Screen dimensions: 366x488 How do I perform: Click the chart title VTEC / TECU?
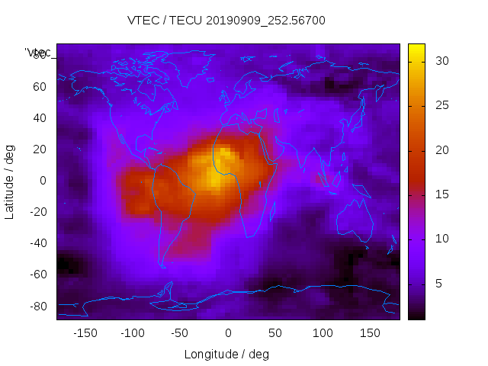[x=226, y=21]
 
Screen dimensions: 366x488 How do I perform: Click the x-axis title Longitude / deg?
[x=226, y=355]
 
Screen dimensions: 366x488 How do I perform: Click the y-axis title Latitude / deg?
[x=10, y=180]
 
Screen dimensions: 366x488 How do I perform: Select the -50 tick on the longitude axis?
[x=180, y=333]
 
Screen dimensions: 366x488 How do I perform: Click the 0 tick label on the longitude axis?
[x=228, y=333]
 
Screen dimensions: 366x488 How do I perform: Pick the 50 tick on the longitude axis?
[x=275, y=333]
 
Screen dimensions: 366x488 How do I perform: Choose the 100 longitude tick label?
[x=323, y=333]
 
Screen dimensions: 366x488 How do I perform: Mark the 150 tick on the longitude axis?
[x=371, y=333]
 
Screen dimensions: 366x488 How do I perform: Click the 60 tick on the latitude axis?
[x=40, y=86]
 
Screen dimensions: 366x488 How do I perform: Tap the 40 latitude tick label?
[x=40, y=117]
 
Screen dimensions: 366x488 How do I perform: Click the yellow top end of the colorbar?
[x=416, y=48]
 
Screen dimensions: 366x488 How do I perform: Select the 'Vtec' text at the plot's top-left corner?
[x=38, y=53]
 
